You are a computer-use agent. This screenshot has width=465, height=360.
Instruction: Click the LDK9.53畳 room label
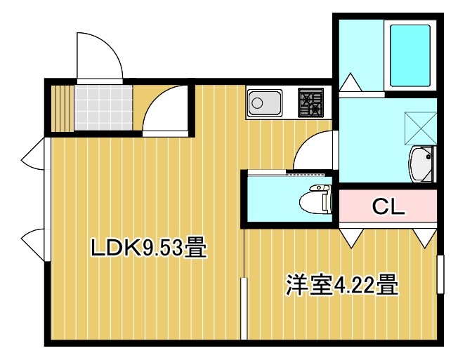pos(148,248)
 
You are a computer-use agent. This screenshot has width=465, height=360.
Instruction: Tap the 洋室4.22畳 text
pos(341,286)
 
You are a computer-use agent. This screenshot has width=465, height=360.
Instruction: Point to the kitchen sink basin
pos(263,105)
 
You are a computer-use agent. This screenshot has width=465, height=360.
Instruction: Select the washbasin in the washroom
pos(422,165)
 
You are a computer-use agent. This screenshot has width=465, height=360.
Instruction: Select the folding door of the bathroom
pos(351,84)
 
